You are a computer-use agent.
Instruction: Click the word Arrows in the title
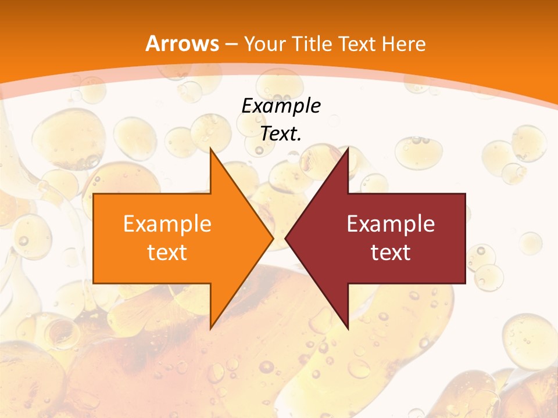183,44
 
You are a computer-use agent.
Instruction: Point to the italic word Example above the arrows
281,106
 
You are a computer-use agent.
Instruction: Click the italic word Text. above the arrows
281,134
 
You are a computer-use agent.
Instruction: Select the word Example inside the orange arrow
167,224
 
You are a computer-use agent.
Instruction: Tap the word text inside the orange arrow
167,252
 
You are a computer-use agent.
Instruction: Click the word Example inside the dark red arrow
391,224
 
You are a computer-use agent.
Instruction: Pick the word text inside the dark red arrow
391,252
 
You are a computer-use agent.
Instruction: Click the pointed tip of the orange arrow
273,238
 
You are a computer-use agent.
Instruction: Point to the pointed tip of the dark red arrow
285,238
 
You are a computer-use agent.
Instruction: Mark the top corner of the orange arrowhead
210,149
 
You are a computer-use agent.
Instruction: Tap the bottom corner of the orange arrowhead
210,329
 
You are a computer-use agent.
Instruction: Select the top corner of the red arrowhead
348,149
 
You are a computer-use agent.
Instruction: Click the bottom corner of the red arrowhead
348,329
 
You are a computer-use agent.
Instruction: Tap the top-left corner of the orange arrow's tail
94,194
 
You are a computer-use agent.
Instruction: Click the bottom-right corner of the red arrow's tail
465,283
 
